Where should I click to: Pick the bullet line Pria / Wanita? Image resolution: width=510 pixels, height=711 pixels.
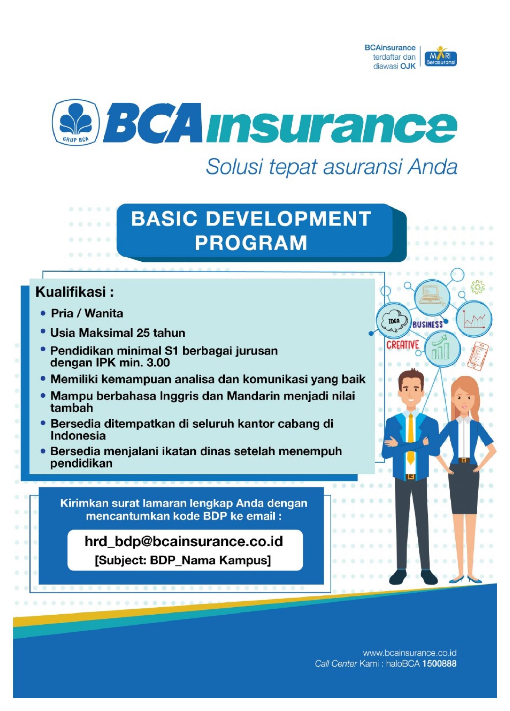click(87, 314)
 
